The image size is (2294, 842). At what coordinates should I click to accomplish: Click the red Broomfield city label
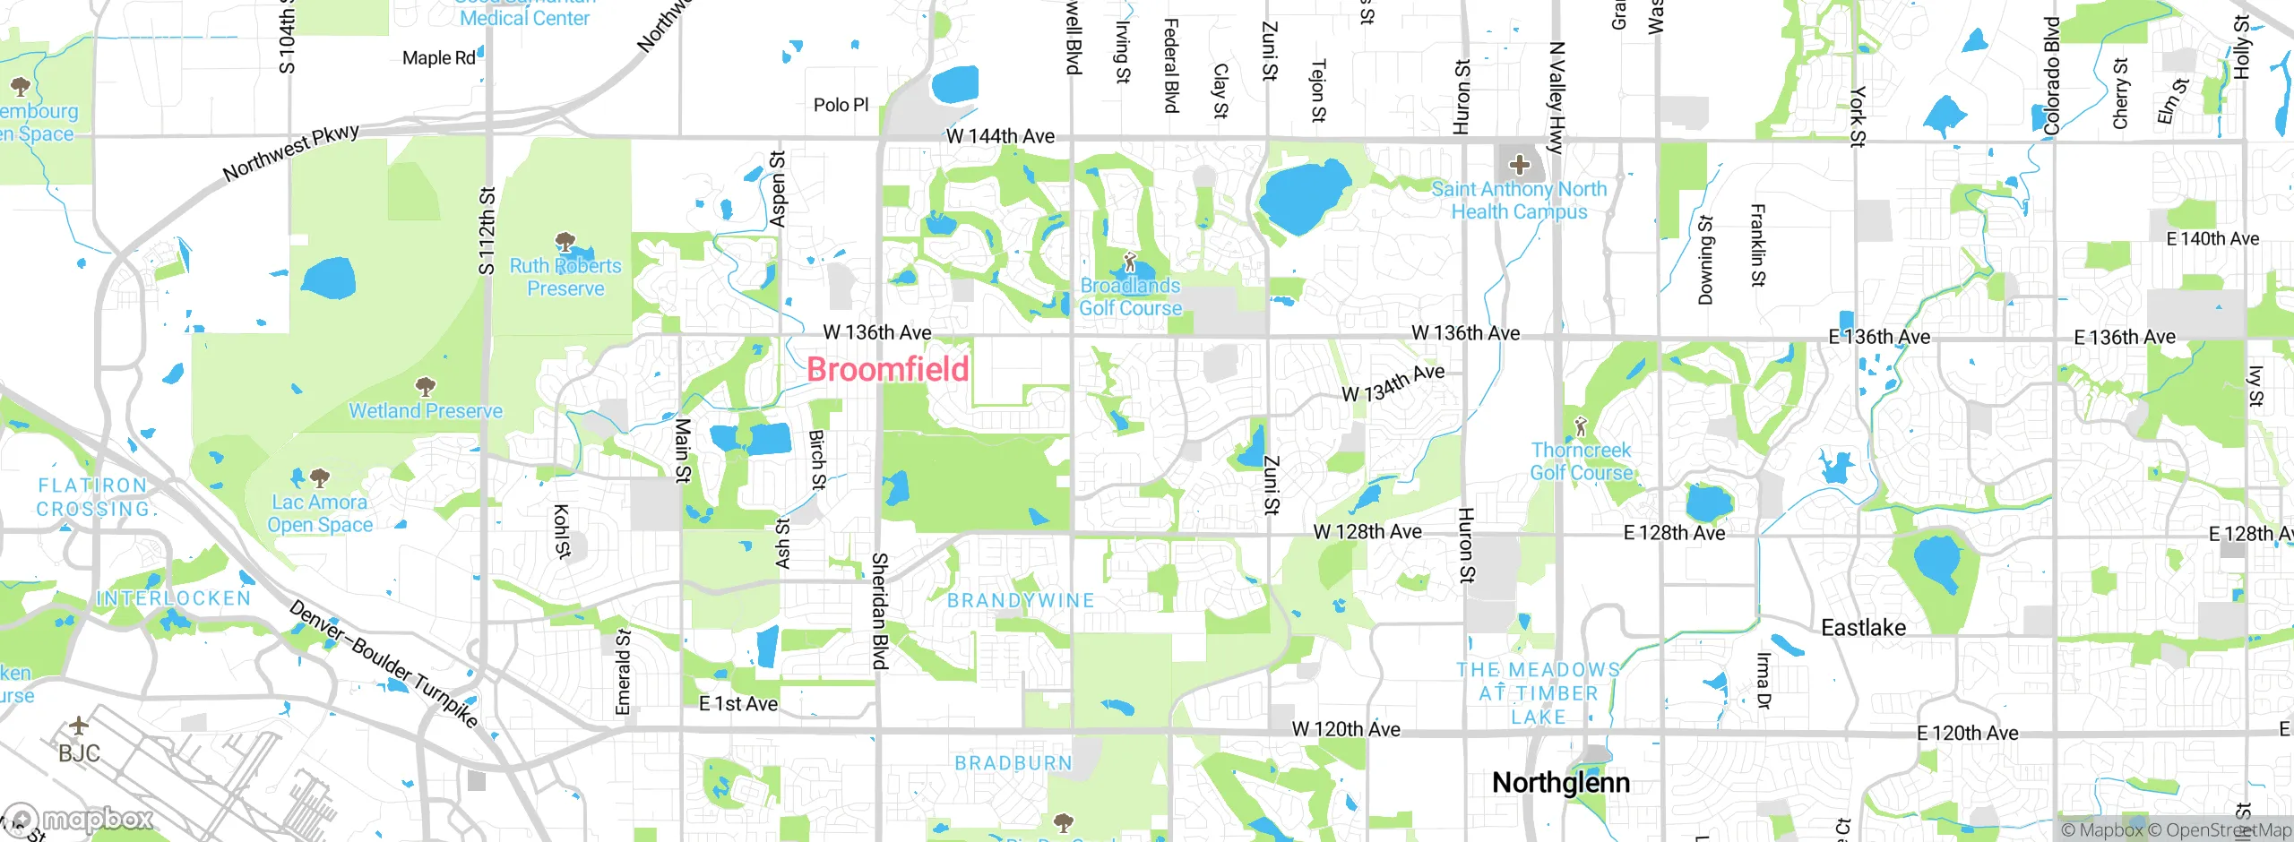pyautogui.click(x=887, y=369)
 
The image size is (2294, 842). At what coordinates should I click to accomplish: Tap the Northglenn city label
pyautogui.click(x=1560, y=782)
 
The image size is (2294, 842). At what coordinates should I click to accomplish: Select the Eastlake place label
pyautogui.click(x=1863, y=627)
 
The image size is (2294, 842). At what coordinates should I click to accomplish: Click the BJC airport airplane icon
pyautogui.click(x=79, y=725)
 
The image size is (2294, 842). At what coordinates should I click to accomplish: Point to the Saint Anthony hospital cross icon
pyautogui.click(x=1519, y=164)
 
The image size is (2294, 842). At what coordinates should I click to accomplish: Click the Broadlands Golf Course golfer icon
pyautogui.click(x=1130, y=263)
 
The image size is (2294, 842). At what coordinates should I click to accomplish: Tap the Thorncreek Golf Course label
pyautogui.click(x=1581, y=461)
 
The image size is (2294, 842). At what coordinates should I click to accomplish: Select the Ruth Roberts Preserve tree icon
pyautogui.click(x=565, y=241)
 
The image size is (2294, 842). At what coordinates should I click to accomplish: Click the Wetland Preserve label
pyautogui.click(x=426, y=411)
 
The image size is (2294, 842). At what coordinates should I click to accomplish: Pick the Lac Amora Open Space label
pyautogui.click(x=320, y=513)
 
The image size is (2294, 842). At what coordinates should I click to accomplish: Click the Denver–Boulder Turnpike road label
pyautogui.click(x=384, y=663)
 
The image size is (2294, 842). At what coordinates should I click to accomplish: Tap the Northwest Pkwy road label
pyautogui.click(x=291, y=152)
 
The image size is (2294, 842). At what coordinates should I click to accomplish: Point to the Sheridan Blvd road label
pyautogui.click(x=879, y=610)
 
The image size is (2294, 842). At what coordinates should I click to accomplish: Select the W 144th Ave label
pyautogui.click(x=1000, y=136)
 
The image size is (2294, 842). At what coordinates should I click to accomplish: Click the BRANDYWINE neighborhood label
pyautogui.click(x=1021, y=600)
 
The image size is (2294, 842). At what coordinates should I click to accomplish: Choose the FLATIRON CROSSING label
pyautogui.click(x=93, y=497)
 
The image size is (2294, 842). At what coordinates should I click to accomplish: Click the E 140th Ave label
pyautogui.click(x=2212, y=239)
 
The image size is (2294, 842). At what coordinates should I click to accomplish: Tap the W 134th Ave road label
pyautogui.click(x=1393, y=382)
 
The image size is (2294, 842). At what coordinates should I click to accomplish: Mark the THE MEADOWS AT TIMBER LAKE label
pyautogui.click(x=1538, y=693)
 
